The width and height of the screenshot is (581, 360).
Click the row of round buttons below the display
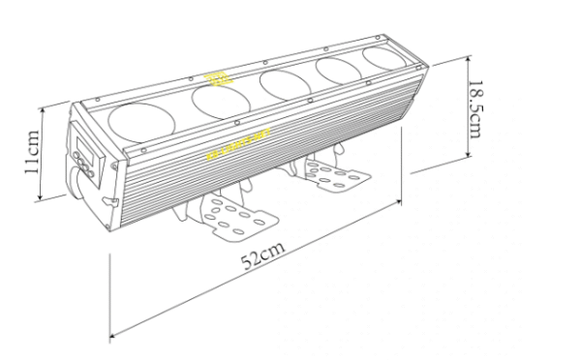(x=81, y=171)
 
